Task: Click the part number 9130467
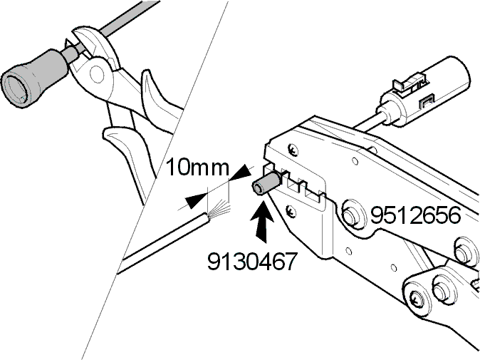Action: pos(252,262)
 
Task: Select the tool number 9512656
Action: pos(415,215)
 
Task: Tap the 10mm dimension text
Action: pos(197,168)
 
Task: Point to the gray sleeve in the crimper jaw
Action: pos(264,183)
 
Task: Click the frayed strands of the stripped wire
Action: pos(219,209)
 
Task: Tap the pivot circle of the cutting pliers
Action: pos(98,73)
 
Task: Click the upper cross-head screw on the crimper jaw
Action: pos(293,150)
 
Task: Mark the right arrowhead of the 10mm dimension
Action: pos(242,173)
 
